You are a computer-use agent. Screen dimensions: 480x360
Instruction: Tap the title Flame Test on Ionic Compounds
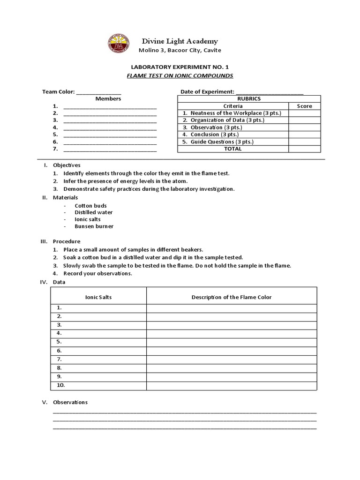point(180,75)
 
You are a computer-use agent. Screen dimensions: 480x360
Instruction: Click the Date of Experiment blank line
point(270,92)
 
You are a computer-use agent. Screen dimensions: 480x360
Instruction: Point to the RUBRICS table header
point(249,99)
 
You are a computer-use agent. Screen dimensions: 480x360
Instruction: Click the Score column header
point(304,106)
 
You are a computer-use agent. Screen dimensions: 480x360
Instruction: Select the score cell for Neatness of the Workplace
point(304,113)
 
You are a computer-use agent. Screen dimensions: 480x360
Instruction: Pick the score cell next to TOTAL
point(304,149)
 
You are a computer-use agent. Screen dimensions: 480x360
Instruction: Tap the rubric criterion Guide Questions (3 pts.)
point(218,142)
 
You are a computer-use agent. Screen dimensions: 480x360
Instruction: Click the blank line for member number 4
point(110,127)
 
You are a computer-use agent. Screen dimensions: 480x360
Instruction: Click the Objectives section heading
point(67,165)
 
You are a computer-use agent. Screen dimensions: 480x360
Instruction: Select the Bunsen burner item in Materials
point(94,226)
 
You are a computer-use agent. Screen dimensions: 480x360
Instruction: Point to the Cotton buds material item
point(90,206)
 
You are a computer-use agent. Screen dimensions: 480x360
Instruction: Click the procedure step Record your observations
point(97,273)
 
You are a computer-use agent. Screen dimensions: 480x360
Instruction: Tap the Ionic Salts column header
point(98,297)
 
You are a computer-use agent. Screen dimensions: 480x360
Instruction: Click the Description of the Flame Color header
point(232,297)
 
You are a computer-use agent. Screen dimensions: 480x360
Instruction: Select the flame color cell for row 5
point(232,342)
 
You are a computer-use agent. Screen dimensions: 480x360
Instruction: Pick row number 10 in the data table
point(61,385)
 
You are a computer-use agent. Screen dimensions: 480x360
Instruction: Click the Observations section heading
point(70,402)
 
